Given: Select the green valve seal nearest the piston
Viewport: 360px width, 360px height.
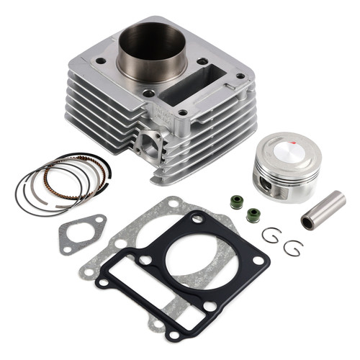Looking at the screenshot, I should coord(236,202).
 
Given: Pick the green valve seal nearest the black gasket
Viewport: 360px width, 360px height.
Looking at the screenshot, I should coord(253,215).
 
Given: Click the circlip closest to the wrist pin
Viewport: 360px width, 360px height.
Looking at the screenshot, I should coord(293,248).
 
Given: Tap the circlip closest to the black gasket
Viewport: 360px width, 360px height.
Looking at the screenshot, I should coord(269,235).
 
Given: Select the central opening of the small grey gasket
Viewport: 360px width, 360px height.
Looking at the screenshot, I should coord(81,233).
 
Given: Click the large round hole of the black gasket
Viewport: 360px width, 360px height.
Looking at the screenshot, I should coord(189,255).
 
